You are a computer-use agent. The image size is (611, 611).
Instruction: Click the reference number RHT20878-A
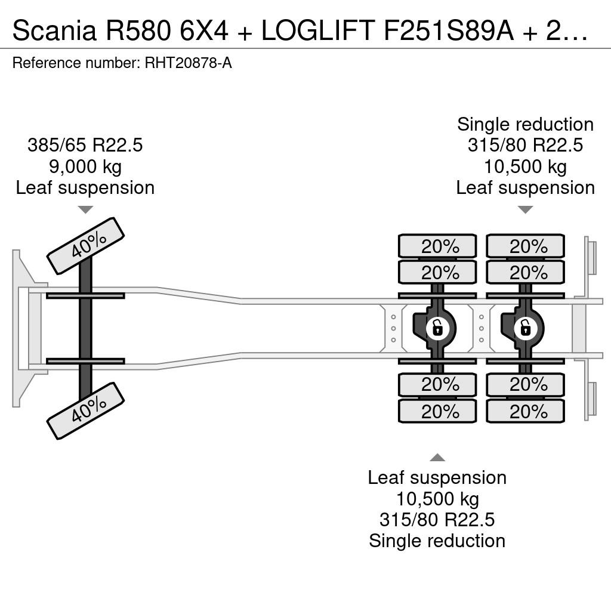pyautogui.click(x=188, y=63)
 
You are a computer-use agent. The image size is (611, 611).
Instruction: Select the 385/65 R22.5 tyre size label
pyautogui.click(x=85, y=145)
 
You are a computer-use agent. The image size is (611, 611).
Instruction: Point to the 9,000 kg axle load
pyautogui.click(x=85, y=166)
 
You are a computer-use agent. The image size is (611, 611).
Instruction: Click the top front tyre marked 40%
pyautogui.click(x=85, y=245)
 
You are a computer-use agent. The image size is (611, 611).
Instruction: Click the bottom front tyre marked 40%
pyautogui.click(x=85, y=411)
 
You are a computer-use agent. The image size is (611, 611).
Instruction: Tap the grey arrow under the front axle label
pyautogui.click(x=85, y=209)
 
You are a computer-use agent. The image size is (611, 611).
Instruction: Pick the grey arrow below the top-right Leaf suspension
pyautogui.click(x=525, y=209)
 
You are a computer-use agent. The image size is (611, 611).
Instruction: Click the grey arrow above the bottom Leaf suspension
pyautogui.click(x=437, y=458)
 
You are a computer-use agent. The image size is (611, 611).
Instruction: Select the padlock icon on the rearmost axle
pyautogui.click(x=525, y=328)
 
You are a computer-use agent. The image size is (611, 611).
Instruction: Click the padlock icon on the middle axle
pyautogui.click(x=437, y=328)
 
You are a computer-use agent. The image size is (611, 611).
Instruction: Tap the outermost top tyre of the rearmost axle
pyautogui.click(x=525, y=246)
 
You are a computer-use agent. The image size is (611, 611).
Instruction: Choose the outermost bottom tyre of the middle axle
pyautogui.click(x=437, y=411)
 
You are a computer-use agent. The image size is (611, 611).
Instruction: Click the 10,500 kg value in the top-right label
pyautogui.click(x=525, y=166)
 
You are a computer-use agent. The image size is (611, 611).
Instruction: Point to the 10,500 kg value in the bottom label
pyautogui.click(x=437, y=499)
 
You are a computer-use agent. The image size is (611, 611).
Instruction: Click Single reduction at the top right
pyautogui.click(x=525, y=124)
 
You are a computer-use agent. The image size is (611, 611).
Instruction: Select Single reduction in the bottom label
pyautogui.click(x=437, y=541)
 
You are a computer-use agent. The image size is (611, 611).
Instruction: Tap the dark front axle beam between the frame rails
pyautogui.click(x=85, y=328)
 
